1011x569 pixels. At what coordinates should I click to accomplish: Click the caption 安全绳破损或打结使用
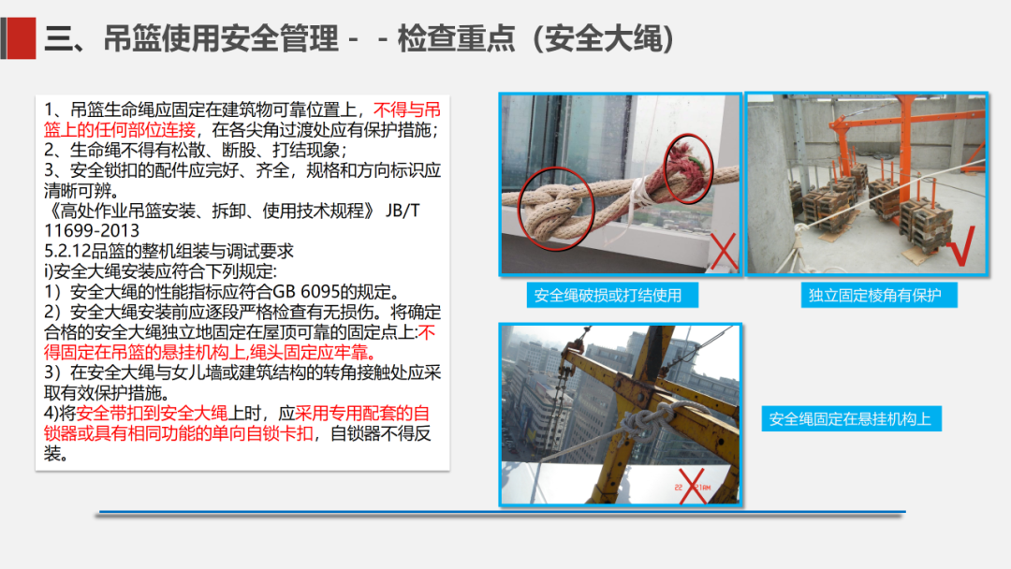[608, 296]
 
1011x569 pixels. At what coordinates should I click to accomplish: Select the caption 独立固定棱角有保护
[874, 296]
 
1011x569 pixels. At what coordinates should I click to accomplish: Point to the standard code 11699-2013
[92, 230]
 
